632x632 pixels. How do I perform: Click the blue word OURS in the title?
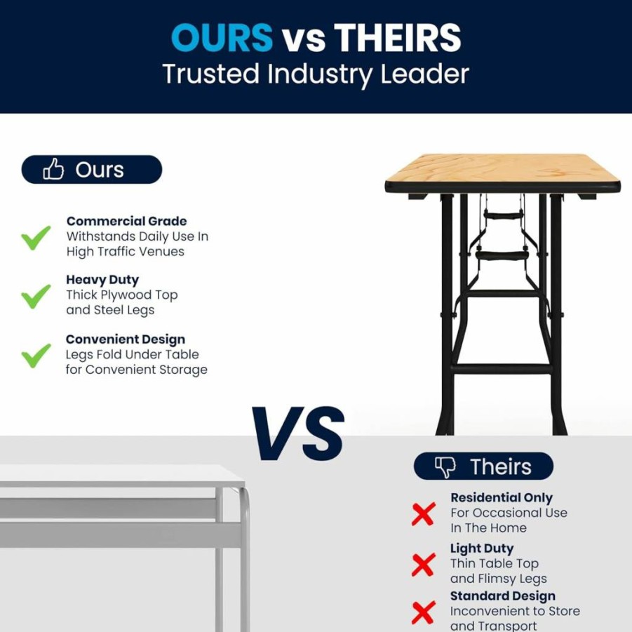(222, 37)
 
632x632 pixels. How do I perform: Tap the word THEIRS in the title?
(398, 37)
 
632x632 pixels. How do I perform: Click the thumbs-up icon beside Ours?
(53, 168)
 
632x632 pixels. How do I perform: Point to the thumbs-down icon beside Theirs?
(445, 467)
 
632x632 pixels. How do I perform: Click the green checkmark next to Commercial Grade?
(36, 237)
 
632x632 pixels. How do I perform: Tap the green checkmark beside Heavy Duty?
(36, 296)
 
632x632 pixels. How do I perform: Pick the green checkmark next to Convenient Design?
(36, 356)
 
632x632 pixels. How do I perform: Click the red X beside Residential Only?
(423, 514)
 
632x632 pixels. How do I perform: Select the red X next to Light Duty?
(423, 564)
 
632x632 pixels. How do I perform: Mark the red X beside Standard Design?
(423, 612)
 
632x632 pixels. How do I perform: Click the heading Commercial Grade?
(126, 221)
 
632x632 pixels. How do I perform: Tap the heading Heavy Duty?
(102, 280)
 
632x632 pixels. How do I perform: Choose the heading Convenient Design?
(126, 339)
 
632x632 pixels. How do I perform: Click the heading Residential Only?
(502, 498)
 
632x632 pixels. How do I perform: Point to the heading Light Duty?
(482, 549)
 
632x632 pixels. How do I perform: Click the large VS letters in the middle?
(298, 433)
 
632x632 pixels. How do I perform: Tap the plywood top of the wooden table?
(502, 168)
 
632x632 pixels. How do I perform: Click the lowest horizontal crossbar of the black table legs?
(502, 369)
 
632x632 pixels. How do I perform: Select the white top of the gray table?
(121, 473)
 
